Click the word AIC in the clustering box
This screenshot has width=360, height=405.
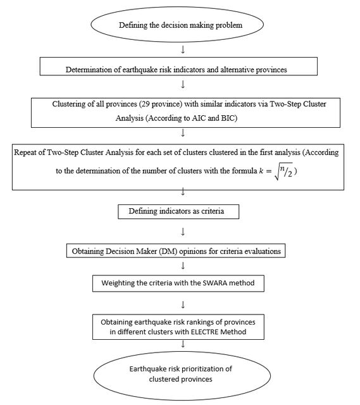[199, 118]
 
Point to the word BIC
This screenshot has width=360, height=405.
[228, 118]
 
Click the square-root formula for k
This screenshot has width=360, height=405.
[276, 171]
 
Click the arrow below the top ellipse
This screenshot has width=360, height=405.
[183, 49]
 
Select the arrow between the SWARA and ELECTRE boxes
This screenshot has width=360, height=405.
[183, 305]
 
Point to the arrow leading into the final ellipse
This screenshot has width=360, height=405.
[183, 344]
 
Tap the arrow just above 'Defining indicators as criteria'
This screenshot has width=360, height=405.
[183, 192]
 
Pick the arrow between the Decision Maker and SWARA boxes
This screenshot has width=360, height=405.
[183, 266]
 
